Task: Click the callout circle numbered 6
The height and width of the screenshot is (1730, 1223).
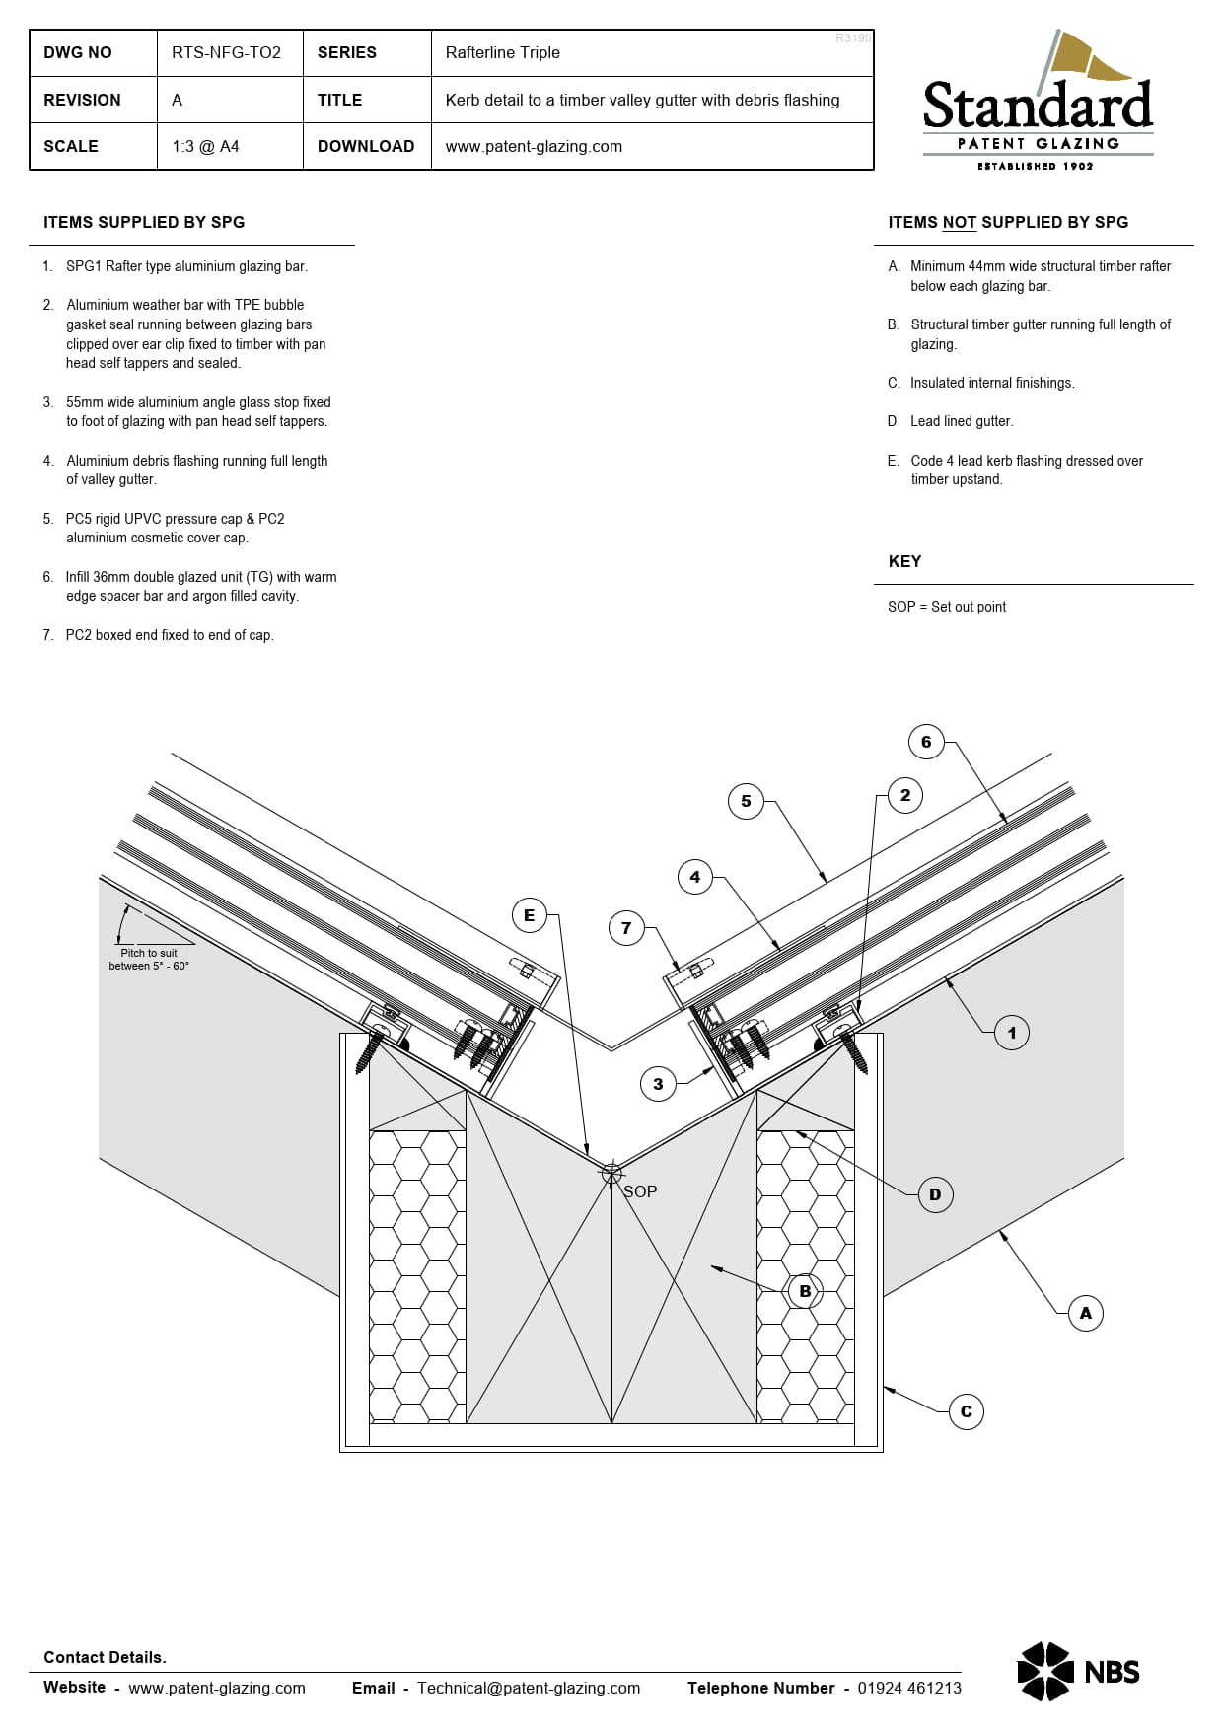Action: (x=926, y=742)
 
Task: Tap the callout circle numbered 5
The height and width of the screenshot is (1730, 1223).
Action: (x=746, y=801)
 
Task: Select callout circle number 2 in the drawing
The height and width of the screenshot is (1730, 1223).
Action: (x=905, y=795)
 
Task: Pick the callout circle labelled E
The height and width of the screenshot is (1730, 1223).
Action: (x=530, y=915)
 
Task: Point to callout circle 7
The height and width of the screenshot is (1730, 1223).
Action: (x=626, y=928)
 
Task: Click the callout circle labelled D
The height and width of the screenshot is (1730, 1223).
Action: (x=935, y=1194)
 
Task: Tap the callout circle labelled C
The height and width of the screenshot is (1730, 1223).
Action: (x=967, y=1411)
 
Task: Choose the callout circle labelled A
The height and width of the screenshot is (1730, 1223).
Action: (x=1086, y=1313)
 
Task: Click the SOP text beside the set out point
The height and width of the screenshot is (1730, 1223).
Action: (x=640, y=1191)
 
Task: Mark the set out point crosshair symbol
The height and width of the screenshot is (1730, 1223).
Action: (x=611, y=1173)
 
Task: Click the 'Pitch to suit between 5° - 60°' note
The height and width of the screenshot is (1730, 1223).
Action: (x=149, y=959)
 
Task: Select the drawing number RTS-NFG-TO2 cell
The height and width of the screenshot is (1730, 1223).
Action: (x=226, y=52)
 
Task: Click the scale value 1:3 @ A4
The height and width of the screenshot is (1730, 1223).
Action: (x=205, y=146)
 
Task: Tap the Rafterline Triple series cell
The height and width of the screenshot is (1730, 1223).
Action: (x=502, y=52)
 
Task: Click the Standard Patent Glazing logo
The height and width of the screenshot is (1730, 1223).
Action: (x=1038, y=103)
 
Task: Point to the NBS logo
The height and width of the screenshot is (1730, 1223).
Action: (x=1078, y=1671)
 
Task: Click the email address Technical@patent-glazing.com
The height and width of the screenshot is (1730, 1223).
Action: (x=529, y=1688)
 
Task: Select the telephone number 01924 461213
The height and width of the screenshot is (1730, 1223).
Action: (x=908, y=1688)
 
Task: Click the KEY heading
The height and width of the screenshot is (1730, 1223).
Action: (x=904, y=561)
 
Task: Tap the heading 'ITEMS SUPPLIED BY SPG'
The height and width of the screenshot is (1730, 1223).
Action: (x=144, y=222)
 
